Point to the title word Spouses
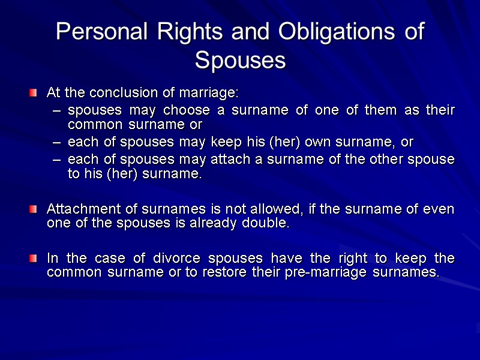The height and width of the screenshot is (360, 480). coord(240,61)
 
